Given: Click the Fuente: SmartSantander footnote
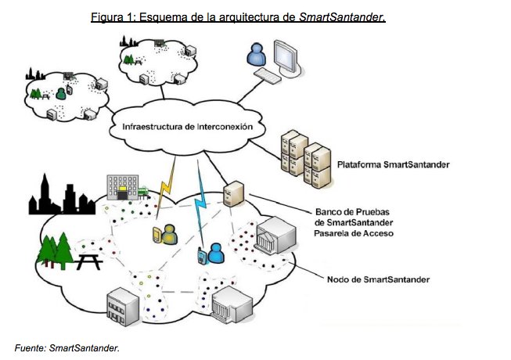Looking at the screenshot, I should [67, 347].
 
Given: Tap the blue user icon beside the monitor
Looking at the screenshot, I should [255, 56].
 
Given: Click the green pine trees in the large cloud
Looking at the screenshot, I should [56, 247].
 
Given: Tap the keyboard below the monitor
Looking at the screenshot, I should [271, 76].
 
